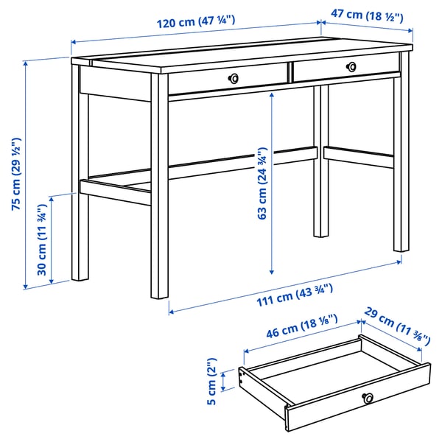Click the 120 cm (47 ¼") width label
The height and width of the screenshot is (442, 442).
pos(195,21)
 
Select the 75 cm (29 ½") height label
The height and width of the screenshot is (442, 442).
pos(15,175)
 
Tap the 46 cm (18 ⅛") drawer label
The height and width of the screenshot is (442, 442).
pos(301,328)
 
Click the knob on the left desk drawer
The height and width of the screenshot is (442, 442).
pos(234,78)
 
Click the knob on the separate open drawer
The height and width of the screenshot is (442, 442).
pos(368,399)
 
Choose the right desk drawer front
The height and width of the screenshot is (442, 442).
pos(346,67)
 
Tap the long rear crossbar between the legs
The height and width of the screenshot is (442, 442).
pos(243,162)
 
